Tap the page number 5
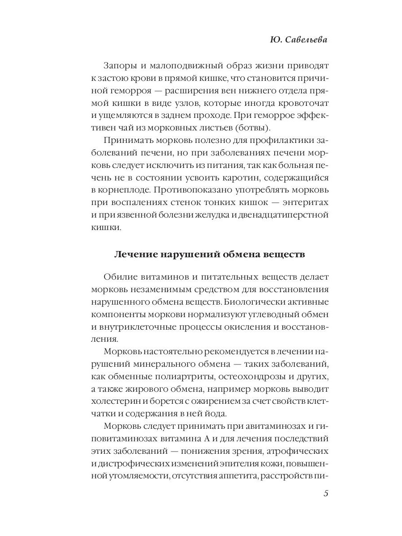click(x=326, y=494)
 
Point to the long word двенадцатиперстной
click(x=280, y=215)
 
